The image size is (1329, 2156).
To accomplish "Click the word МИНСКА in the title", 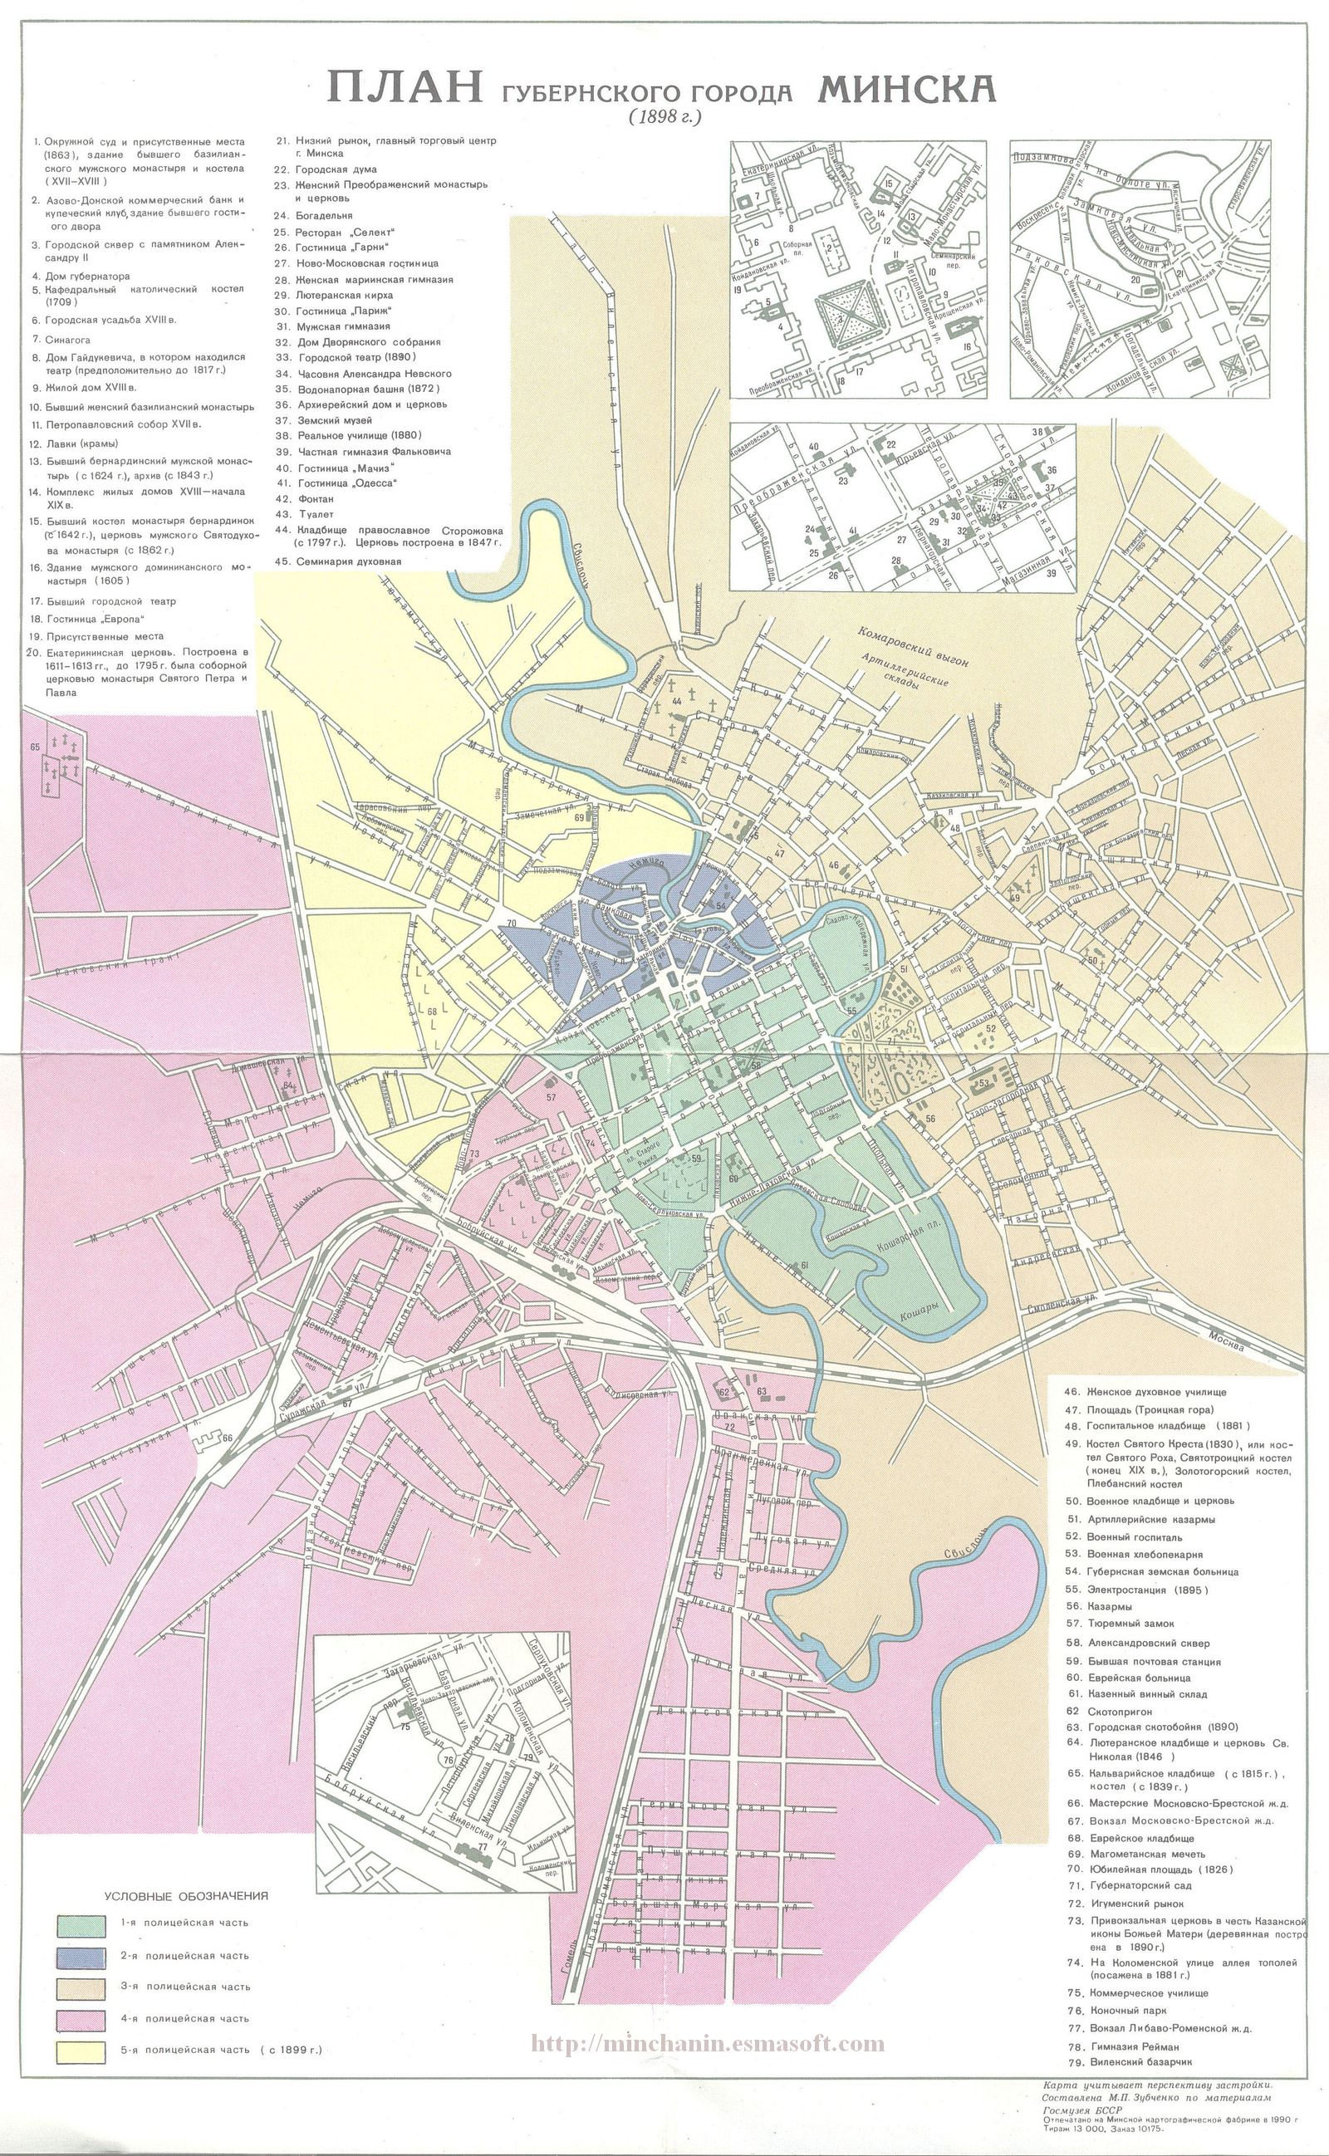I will (906, 88).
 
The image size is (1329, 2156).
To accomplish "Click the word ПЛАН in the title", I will (405, 89).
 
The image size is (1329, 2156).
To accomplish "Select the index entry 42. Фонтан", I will (316, 499).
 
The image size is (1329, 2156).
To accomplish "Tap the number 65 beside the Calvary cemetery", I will (35, 747).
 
